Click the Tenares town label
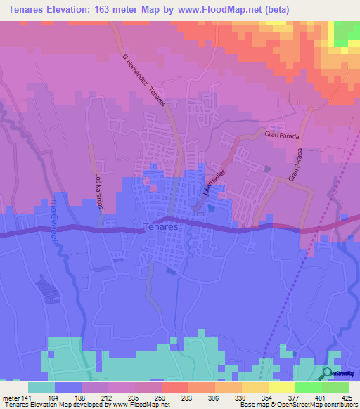click(157, 227)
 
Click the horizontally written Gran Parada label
click(281, 134)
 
